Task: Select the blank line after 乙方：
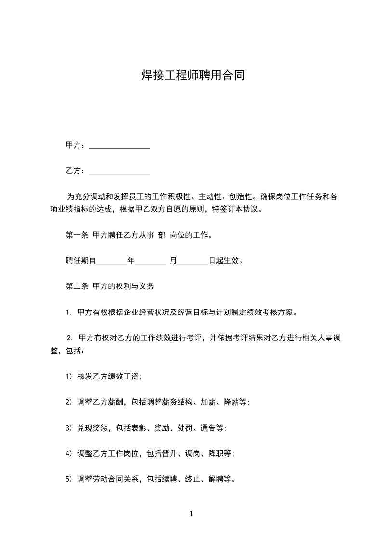(119, 172)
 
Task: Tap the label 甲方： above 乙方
(76, 145)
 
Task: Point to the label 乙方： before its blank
(76, 171)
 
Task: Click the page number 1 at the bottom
(191, 514)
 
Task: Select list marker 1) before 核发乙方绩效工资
(69, 377)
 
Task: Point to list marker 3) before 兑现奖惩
(69, 428)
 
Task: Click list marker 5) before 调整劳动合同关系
(69, 479)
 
